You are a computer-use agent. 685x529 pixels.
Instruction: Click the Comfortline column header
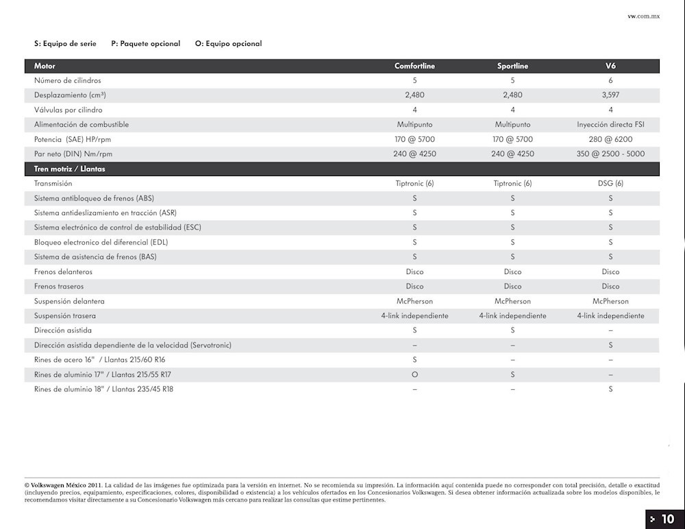pyautogui.click(x=414, y=66)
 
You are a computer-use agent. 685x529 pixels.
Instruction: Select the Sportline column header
pyautogui.click(x=512, y=66)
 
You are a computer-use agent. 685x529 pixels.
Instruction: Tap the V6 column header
pyautogui.click(x=610, y=66)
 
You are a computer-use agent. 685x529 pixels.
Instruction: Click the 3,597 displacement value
pyautogui.click(x=610, y=95)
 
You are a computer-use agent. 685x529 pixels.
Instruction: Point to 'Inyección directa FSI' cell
pyautogui.click(x=610, y=125)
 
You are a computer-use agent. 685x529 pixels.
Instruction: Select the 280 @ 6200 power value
pyautogui.click(x=610, y=139)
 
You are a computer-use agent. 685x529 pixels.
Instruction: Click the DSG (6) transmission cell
pyautogui.click(x=610, y=184)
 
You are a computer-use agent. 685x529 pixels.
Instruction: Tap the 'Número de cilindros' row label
pyautogui.click(x=68, y=81)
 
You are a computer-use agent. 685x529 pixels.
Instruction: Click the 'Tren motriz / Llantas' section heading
pyautogui.click(x=70, y=169)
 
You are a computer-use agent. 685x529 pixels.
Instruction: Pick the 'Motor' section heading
pyautogui.click(x=45, y=66)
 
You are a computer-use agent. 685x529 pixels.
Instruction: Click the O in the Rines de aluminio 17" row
pyautogui.click(x=414, y=375)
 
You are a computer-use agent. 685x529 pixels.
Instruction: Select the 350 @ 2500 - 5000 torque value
pyautogui.click(x=610, y=154)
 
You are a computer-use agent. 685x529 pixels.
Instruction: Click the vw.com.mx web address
pyautogui.click(x=643, y=16)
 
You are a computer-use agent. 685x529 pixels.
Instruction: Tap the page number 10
pyautogui.click(x=667, y=519)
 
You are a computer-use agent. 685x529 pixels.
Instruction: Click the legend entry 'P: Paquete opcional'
pyautogui.click(x=146, y=44)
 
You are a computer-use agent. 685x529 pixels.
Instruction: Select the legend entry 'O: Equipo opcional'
pyautogui.click(x=228, y=44)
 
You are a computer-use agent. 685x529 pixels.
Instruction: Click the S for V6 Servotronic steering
pyautogui.click(x=610, y=345)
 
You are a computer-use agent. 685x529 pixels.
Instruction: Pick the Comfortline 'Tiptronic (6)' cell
pyautogui.click(x=414, y=184)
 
